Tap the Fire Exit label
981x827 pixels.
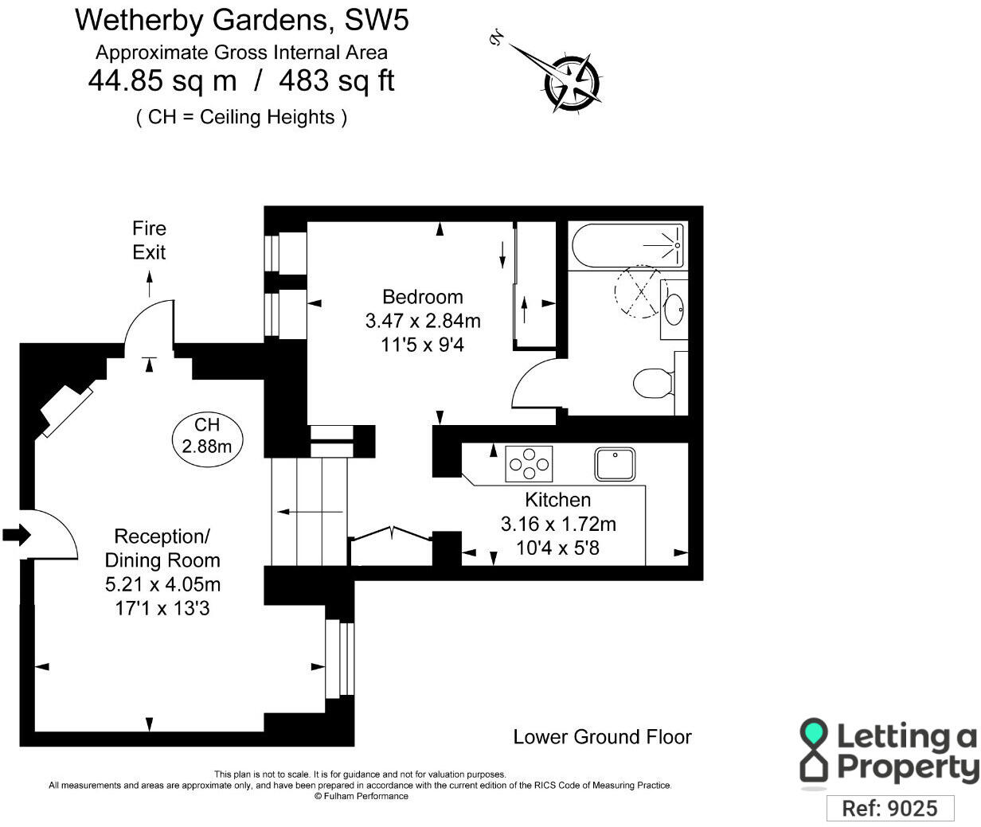pos(149,240)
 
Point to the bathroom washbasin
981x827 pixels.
pos(673,309)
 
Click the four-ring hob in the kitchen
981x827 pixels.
pos(529,463)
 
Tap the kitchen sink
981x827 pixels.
pos(615,464)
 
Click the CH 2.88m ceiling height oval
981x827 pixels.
pos(207,435)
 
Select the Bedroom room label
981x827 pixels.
pos(423,297)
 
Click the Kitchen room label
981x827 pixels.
pos(557,500)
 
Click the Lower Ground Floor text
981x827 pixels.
pos(602,737)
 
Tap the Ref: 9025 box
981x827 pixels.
pos(889,808)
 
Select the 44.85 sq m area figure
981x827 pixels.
pos(162,80)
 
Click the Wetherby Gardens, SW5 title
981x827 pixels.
pos(242,20)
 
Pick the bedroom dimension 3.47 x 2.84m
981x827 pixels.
pos(423,322)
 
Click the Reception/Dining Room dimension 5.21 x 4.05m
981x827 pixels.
pos(162,584)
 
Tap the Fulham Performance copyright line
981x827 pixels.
pos(361,796)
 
